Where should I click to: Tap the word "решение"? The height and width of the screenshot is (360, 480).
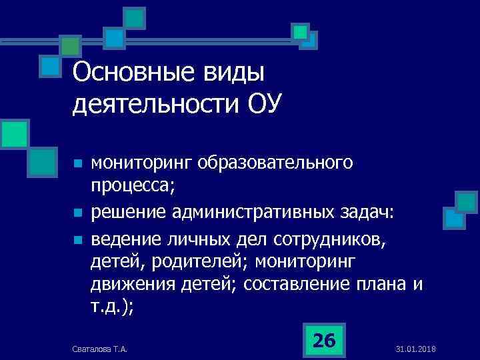[x=129, y=213]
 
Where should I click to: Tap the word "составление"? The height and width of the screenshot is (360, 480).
[x=295, y=285]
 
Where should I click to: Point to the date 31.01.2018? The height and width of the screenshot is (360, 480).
[x=415, y=349]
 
